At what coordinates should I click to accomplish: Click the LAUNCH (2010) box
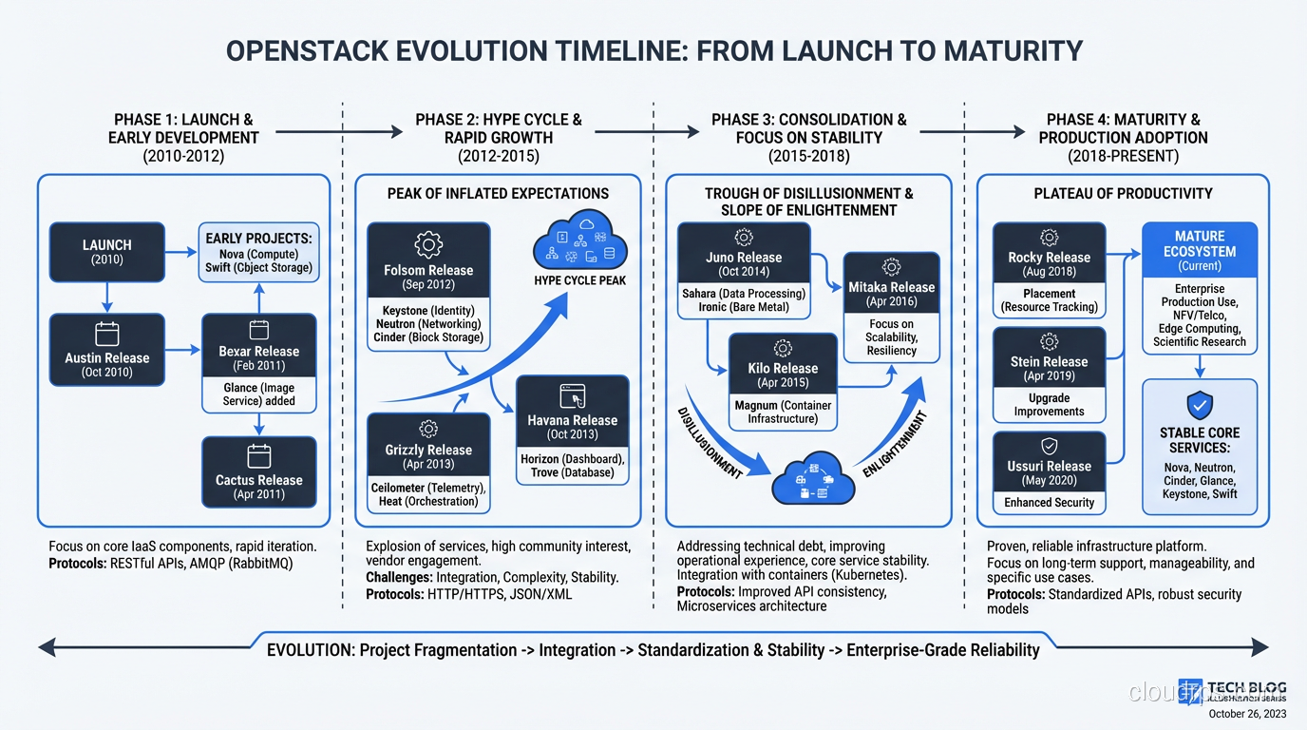(107, 252)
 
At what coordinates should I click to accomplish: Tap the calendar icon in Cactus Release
(259, 455)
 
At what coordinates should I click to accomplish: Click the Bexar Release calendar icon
(259, 330)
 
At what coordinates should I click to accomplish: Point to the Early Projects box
(258, 253)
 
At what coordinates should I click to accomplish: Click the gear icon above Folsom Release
(428, 245)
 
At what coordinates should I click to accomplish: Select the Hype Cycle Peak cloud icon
(578, 242)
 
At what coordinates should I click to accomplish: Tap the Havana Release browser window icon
(572, 395)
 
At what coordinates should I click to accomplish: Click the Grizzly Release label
(428, 451)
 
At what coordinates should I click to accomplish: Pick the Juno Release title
(744, 258)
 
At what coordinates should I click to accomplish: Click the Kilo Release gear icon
(783, 348)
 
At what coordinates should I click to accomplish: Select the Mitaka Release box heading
(891, 287)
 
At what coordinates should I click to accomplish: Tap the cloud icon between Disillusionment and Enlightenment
(814, 478)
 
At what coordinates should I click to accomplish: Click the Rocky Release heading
(1049, 258)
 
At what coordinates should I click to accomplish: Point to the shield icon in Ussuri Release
(1049, 446)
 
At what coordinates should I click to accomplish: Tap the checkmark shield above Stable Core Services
(1200, 406)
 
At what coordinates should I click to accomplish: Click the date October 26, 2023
(1247, 714)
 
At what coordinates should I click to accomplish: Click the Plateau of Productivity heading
(1123, 194)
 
